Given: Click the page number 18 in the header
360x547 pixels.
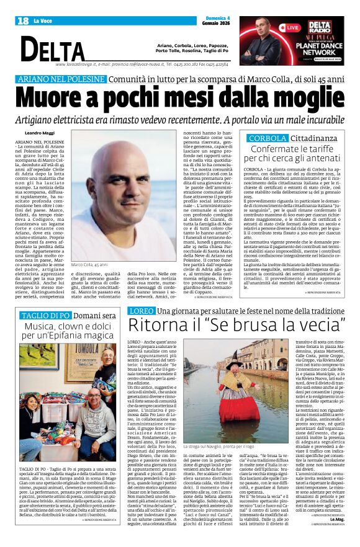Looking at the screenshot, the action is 23,20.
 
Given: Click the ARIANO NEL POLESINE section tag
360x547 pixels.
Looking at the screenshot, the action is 61,80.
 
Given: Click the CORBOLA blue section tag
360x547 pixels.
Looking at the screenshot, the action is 267,139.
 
